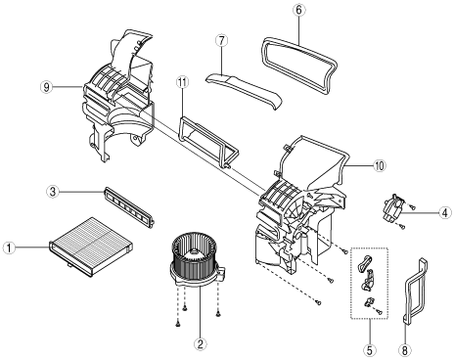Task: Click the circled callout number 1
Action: point(9,247)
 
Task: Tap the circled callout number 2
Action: point(201,343)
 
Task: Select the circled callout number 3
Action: point(53,192)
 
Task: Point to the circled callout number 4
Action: point(444,213)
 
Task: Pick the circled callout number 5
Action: point(370,350)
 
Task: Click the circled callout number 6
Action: point(298,10)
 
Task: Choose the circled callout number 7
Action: point(221,41)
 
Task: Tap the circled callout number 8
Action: point(405,350)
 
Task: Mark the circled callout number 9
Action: point(46,87)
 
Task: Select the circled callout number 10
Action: point(379,165)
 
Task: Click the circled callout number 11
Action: point(182,82)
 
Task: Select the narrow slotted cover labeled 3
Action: point(129,207)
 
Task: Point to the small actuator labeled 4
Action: point(393,208)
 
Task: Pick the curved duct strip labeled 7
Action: point(244,90)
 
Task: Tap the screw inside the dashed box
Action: point(379,311)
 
